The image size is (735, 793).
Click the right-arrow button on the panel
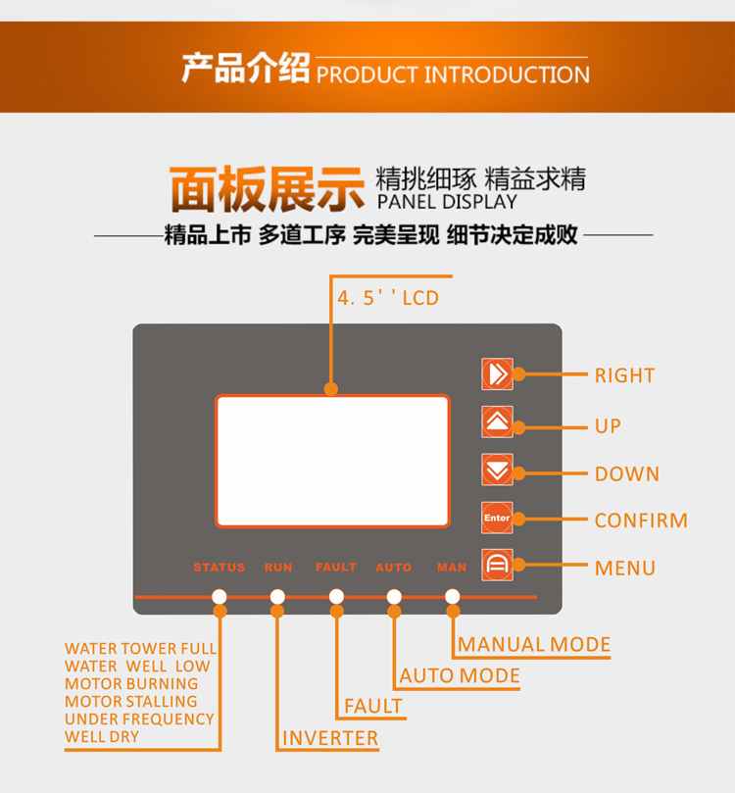tap(497, 373)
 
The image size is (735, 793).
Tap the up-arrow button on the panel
tap(497, 421)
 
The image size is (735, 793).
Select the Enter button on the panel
tap(497, 518)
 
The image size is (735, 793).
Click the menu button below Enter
tap(497, 565)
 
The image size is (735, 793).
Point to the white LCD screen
tap(332, 462)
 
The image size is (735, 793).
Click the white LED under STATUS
tap(220, 597)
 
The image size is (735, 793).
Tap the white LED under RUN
tap(277, 597)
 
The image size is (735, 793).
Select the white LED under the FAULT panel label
tap(336, 597)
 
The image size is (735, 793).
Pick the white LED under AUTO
tap(394, 597)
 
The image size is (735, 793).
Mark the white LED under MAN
tap(453, 597)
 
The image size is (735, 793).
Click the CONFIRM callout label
tap(641, 520)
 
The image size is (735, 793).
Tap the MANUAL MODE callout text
tap(534, 644)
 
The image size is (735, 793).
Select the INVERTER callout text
tap(330, 738)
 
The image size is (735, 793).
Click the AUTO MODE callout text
tap(460, 675)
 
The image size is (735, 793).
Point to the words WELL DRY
tap(102, 737)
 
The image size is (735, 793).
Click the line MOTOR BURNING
tap(131, 684)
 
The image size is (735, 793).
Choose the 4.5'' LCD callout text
tap(388, 298)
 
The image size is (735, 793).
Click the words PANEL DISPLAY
tap(447, 202)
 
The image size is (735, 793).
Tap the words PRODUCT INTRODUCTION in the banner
tap(453, 74)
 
